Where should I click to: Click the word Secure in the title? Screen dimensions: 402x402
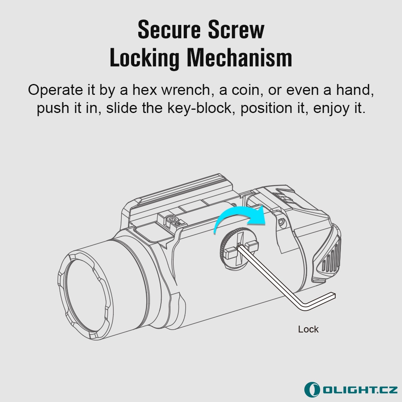click(x=169, y=30)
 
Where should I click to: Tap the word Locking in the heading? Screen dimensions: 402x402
click(x=144, y=58)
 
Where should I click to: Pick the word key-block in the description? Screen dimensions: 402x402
click(x=199, y=108)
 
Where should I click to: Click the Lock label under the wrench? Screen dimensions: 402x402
click(x=308, y=329)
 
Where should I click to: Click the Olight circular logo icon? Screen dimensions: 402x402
click(x=312, y=390)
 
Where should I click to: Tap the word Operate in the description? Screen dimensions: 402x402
click(x=55, y=90)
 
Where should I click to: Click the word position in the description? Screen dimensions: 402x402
click(x=266, y=109)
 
